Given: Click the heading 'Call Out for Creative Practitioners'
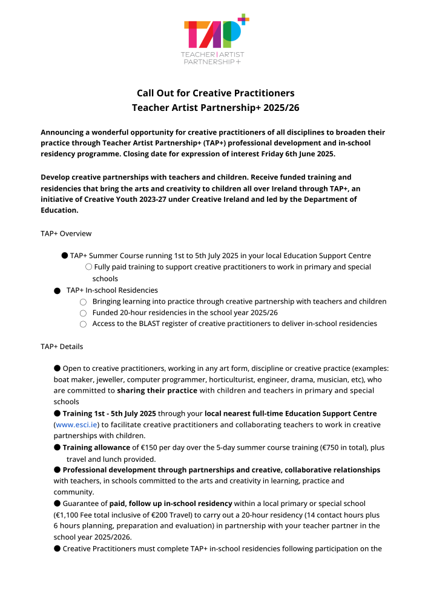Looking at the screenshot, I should pos(216,93).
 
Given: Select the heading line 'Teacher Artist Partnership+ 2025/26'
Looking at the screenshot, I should pos(216,108).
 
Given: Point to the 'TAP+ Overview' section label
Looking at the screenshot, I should pos(66,233).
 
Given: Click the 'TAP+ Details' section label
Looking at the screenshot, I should pos(62,347).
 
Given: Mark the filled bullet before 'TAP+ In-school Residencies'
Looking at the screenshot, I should pos(57,291).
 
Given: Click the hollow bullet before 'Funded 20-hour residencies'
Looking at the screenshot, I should pos(83,313).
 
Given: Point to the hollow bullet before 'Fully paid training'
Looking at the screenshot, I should pos(88,267).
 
